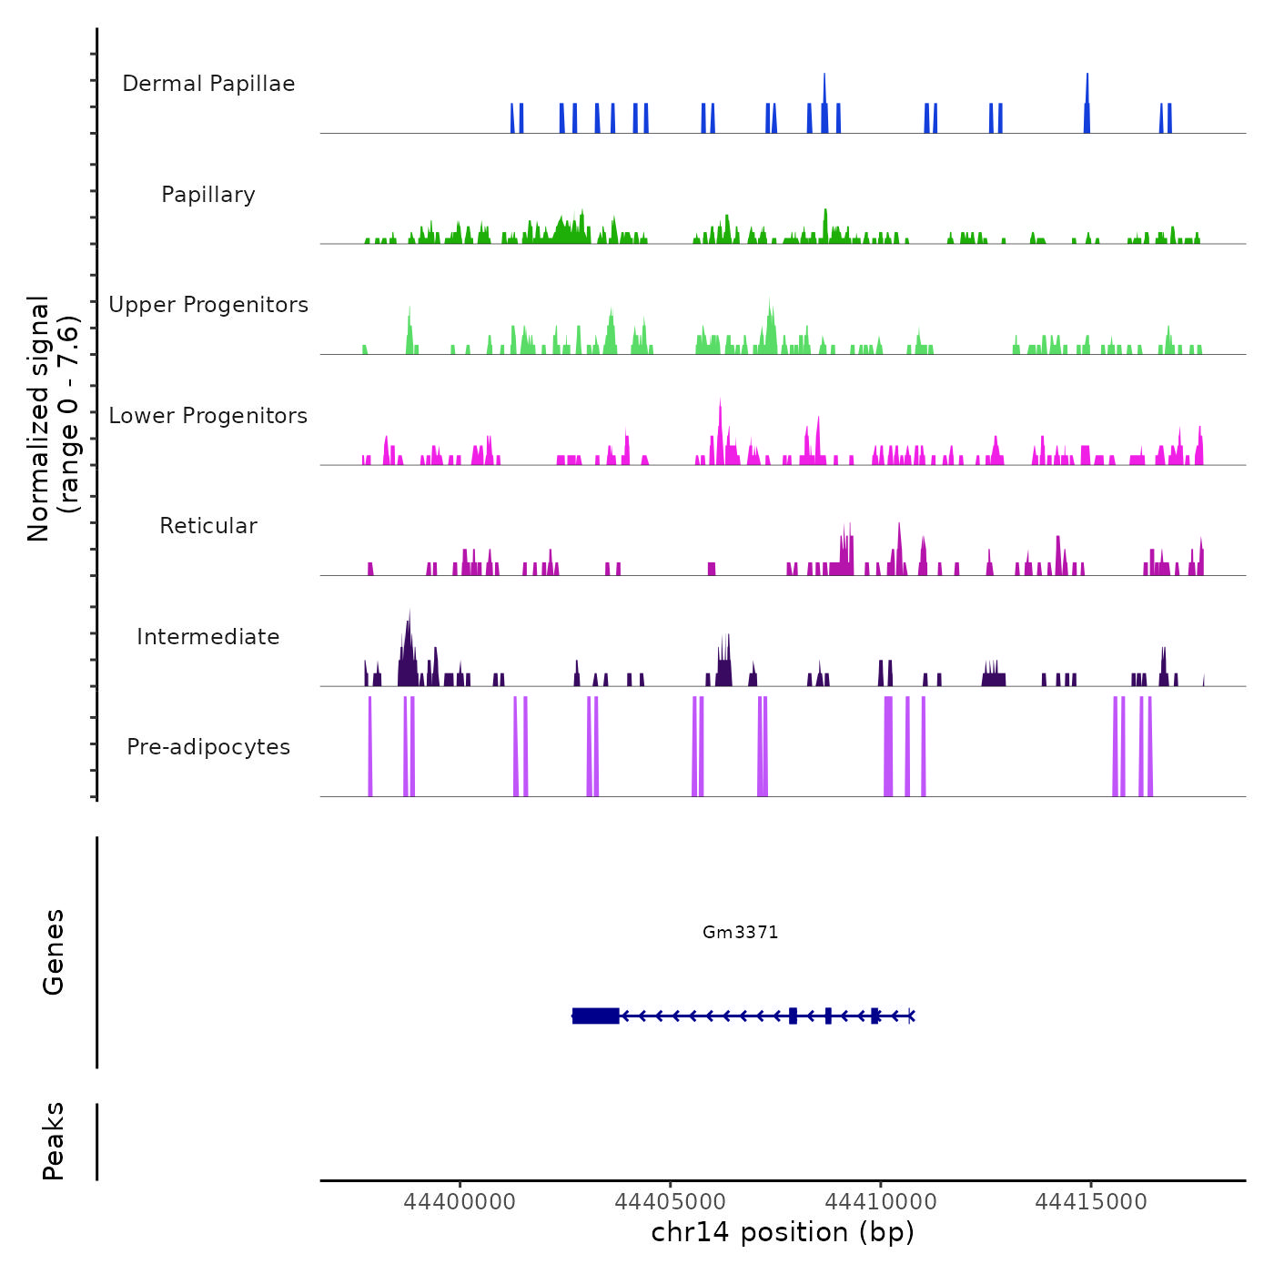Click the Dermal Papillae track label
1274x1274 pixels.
point(208,84)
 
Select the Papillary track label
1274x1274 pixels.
point(208,195)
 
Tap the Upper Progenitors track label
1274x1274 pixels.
point(208,305)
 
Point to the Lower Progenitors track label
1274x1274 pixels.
point(208,416)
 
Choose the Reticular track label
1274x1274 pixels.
point(208,526)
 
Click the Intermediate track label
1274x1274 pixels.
point(208,637)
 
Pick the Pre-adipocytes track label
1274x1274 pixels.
point(208,747)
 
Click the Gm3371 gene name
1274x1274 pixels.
point(741,932)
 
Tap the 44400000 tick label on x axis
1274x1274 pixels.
point(460,1202)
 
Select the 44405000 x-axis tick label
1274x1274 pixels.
point(671,1202)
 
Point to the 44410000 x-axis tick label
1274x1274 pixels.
point(881,1202)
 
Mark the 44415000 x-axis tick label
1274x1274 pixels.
point(1091,1202)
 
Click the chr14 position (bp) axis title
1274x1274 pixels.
point(783,1232)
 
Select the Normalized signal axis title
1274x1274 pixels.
point(53,418)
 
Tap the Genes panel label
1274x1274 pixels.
point(54,952)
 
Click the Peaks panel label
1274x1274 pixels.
point(54,1141)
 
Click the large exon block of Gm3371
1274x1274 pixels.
point(596,1016)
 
